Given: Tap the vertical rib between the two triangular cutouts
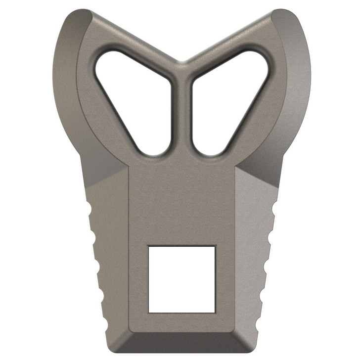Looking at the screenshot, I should coord(181,114).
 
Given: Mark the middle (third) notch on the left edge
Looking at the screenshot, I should coord(97,266).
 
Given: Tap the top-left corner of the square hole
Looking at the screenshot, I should coord(149,246).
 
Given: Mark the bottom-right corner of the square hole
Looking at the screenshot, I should coord(215,312).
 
